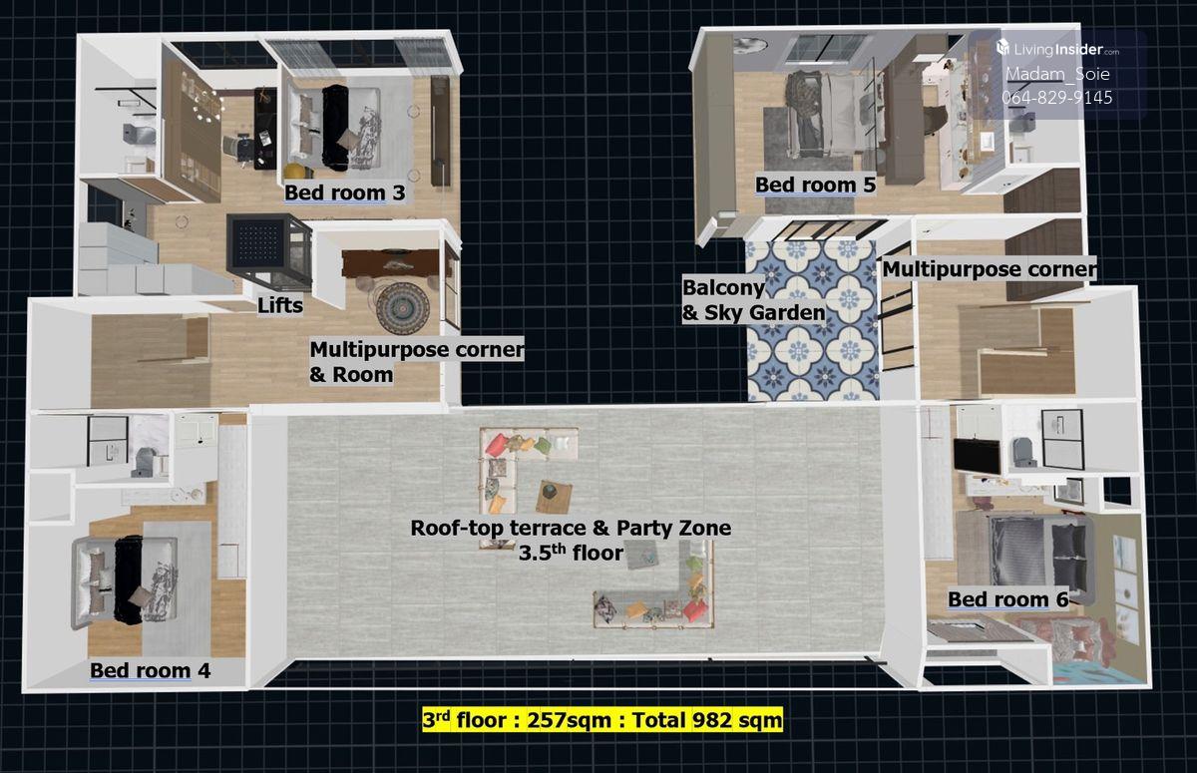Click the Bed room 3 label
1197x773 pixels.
[345, 193]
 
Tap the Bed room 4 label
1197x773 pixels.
[151, 670]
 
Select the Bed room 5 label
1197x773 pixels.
[816, 185]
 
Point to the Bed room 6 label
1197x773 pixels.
[1008, 599]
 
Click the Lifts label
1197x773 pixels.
[280, 305]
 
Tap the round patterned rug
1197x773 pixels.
[403, 308]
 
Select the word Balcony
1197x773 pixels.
[723, 288]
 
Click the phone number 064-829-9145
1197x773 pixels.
[1056, 98]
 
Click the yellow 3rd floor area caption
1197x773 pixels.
[602, 720]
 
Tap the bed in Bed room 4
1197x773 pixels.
[125, 581]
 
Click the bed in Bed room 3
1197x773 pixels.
[334, 128]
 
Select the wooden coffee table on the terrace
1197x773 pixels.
[555, 497]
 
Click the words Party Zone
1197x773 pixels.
[674, 528]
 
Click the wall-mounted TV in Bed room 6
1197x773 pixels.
[978, 456]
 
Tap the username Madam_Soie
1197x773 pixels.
[1057, 74]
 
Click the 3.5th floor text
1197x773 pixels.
[571, 553]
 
